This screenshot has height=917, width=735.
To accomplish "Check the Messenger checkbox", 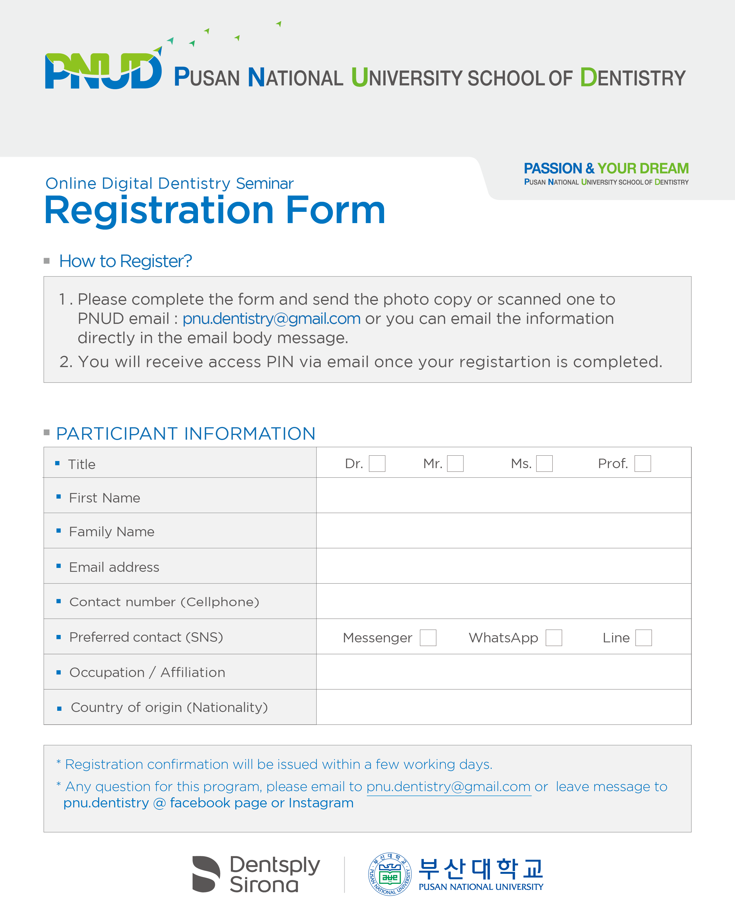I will point(428,638).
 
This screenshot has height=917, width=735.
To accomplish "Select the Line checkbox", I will point(643,638).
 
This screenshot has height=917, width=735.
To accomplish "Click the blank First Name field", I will point(504,495).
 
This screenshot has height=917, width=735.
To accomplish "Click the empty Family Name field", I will point(504,531).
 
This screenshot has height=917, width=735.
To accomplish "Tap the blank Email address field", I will point(504,566).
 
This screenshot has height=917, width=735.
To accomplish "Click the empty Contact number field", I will point(504,601).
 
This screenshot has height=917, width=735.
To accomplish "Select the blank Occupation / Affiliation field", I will point(504,672).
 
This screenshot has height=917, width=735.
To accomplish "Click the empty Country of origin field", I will point(504,707).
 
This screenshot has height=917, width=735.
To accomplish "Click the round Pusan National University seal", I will point(390,874).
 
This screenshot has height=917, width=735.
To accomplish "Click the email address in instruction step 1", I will point(271,319).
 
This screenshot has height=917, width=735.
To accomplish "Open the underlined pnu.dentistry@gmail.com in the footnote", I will point(448,787).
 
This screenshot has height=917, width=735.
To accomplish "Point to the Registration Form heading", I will point(215,211).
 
